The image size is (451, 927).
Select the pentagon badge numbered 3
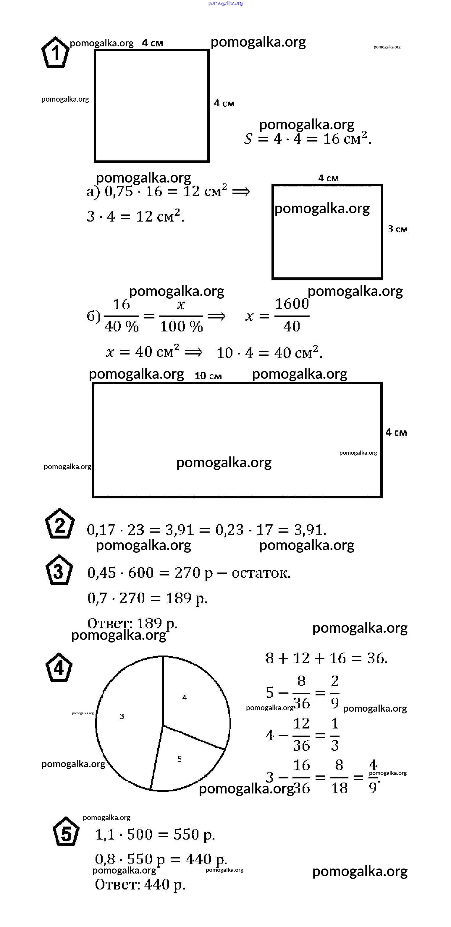[x=59, y=570]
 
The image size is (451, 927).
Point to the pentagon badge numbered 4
[x=59, y=668]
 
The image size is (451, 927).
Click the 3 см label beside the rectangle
[x=398, y=229]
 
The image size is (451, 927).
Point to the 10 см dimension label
[x=208, y=376]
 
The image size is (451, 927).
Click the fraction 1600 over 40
[x=292, y=315]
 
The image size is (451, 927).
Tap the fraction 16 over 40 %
[x=121, y=315]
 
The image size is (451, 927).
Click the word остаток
[x=261, y=573]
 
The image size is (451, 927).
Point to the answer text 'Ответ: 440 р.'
[x=140, y=884]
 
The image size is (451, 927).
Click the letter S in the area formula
[x=248, y=139]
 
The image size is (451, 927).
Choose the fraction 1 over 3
[x=335, y=734]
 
